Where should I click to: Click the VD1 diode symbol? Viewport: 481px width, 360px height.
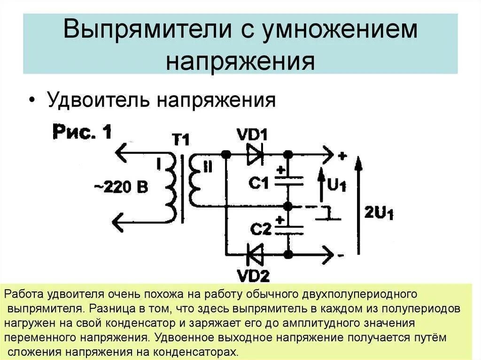pos(255,154)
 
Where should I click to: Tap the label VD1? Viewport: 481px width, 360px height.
pos(252,136)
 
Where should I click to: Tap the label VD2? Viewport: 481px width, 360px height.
pos(253,276)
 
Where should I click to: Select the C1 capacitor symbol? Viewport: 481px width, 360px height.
pos(288,181)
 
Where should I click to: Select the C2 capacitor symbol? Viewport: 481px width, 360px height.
pos(288,230)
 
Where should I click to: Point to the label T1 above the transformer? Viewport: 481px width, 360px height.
pos(180,139)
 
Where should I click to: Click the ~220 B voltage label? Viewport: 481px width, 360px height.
pos(121,187)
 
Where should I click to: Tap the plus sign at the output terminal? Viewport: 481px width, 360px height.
pos(341,156)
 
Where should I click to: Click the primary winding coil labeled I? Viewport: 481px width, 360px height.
pos(171,188)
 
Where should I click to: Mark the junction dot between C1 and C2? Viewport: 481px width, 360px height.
pos(288,206)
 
